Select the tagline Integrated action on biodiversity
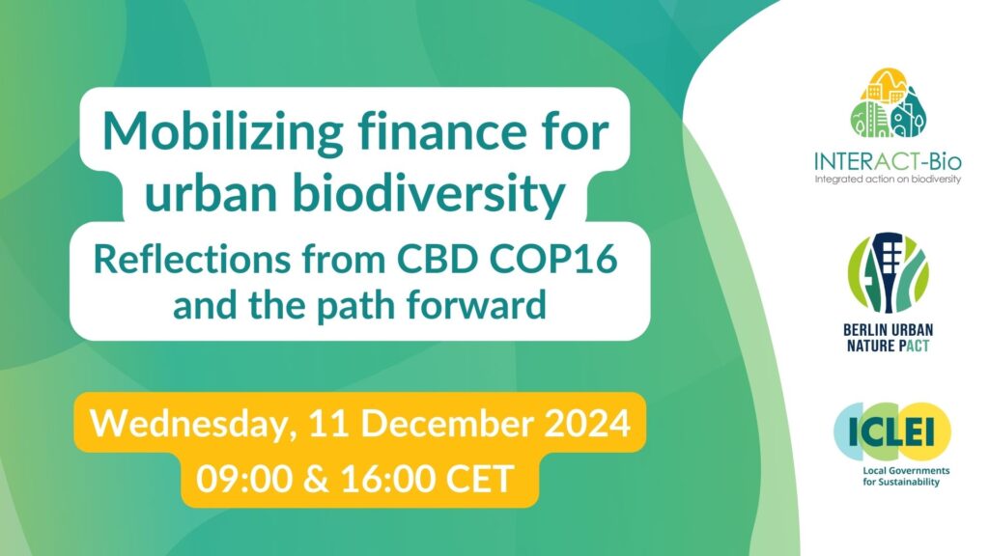[887, 180]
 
